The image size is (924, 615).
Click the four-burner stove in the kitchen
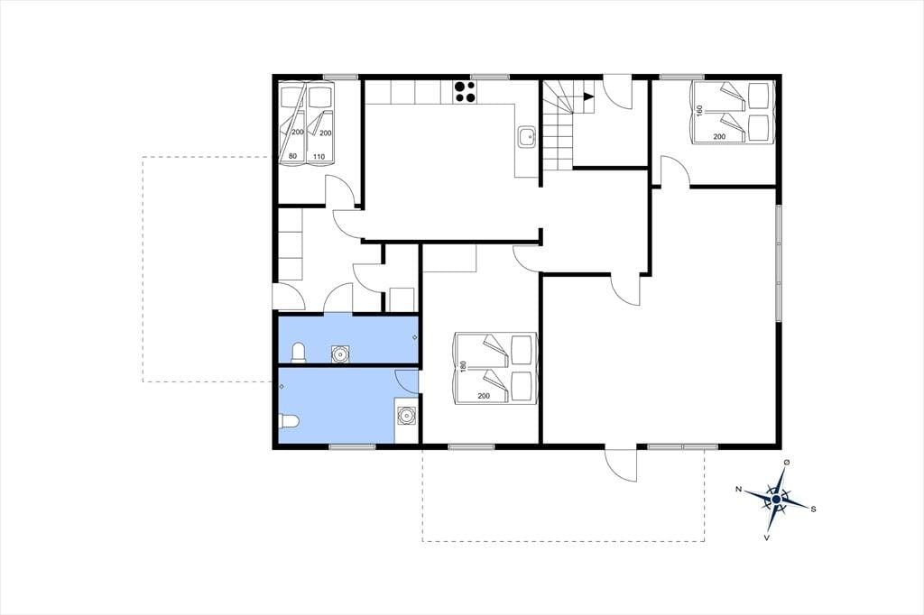[x=465, y=92]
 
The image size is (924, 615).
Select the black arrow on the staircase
[x=588, y=97]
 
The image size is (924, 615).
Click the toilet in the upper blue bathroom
[x=300, y=353]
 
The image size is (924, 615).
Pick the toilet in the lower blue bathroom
[x=289, y=421]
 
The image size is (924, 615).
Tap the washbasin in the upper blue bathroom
[x=340, y=353]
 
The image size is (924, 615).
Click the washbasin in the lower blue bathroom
[x=406, y=416]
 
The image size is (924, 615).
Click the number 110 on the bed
[x=319, y=157]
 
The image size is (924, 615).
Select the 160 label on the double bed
[x=699, y=111]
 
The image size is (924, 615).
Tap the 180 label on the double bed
[x=463, y=366]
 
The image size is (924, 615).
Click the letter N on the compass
[x=738, y=489]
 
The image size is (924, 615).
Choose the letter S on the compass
[x=813, y=509]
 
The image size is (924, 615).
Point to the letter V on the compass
[x=767, y=537]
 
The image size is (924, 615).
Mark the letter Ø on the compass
[x=786, y=463]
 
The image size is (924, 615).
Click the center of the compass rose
[x=776, y=499]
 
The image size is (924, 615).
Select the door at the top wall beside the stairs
[x=618, y=91]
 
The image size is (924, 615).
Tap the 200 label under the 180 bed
[x=484, y=396]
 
